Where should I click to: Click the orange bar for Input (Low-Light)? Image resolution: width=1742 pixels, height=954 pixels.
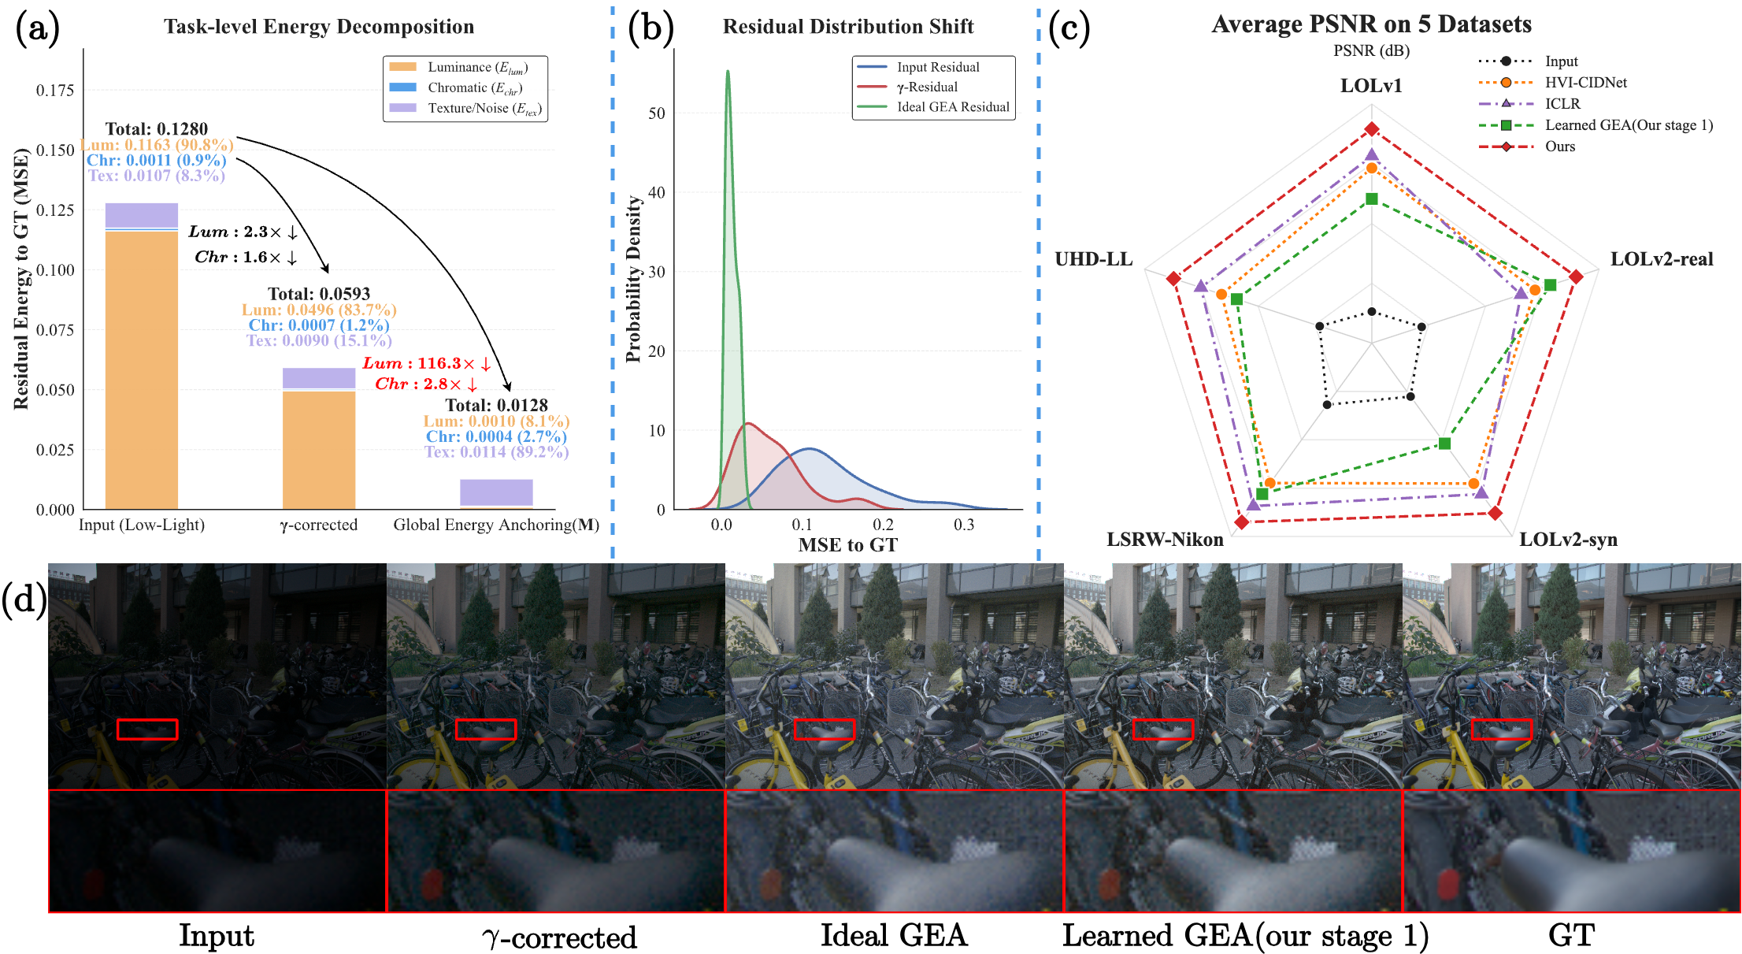point(142,370)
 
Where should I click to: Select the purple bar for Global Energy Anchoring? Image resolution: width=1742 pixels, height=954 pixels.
point(496,492)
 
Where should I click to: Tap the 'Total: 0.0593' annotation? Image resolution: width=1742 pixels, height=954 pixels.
point(319,294)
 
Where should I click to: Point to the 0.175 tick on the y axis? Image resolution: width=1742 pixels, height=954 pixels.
point(55,90)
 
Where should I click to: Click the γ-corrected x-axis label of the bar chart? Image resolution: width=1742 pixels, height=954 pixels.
point(319,525)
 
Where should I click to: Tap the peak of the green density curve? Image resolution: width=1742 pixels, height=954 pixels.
point(728,72)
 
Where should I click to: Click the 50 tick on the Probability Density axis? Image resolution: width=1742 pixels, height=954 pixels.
point(656,113)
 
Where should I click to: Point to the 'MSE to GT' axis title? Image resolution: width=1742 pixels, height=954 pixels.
point(847,545)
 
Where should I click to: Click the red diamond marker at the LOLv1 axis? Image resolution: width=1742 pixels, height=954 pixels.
point(1372,129)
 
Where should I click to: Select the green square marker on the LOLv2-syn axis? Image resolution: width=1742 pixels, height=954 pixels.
point(1444,444)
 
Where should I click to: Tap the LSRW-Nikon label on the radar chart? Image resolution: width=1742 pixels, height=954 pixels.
point(1165,540)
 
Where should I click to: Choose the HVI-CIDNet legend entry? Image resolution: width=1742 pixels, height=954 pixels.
point(1585,83)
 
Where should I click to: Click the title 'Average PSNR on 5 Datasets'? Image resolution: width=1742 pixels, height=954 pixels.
point(1371,24)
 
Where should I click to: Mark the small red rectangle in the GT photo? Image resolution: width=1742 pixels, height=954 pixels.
point(1502,729)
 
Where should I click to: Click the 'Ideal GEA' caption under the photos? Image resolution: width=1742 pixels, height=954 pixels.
point(894,936)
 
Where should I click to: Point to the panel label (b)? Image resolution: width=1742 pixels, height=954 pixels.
point(650,28)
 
